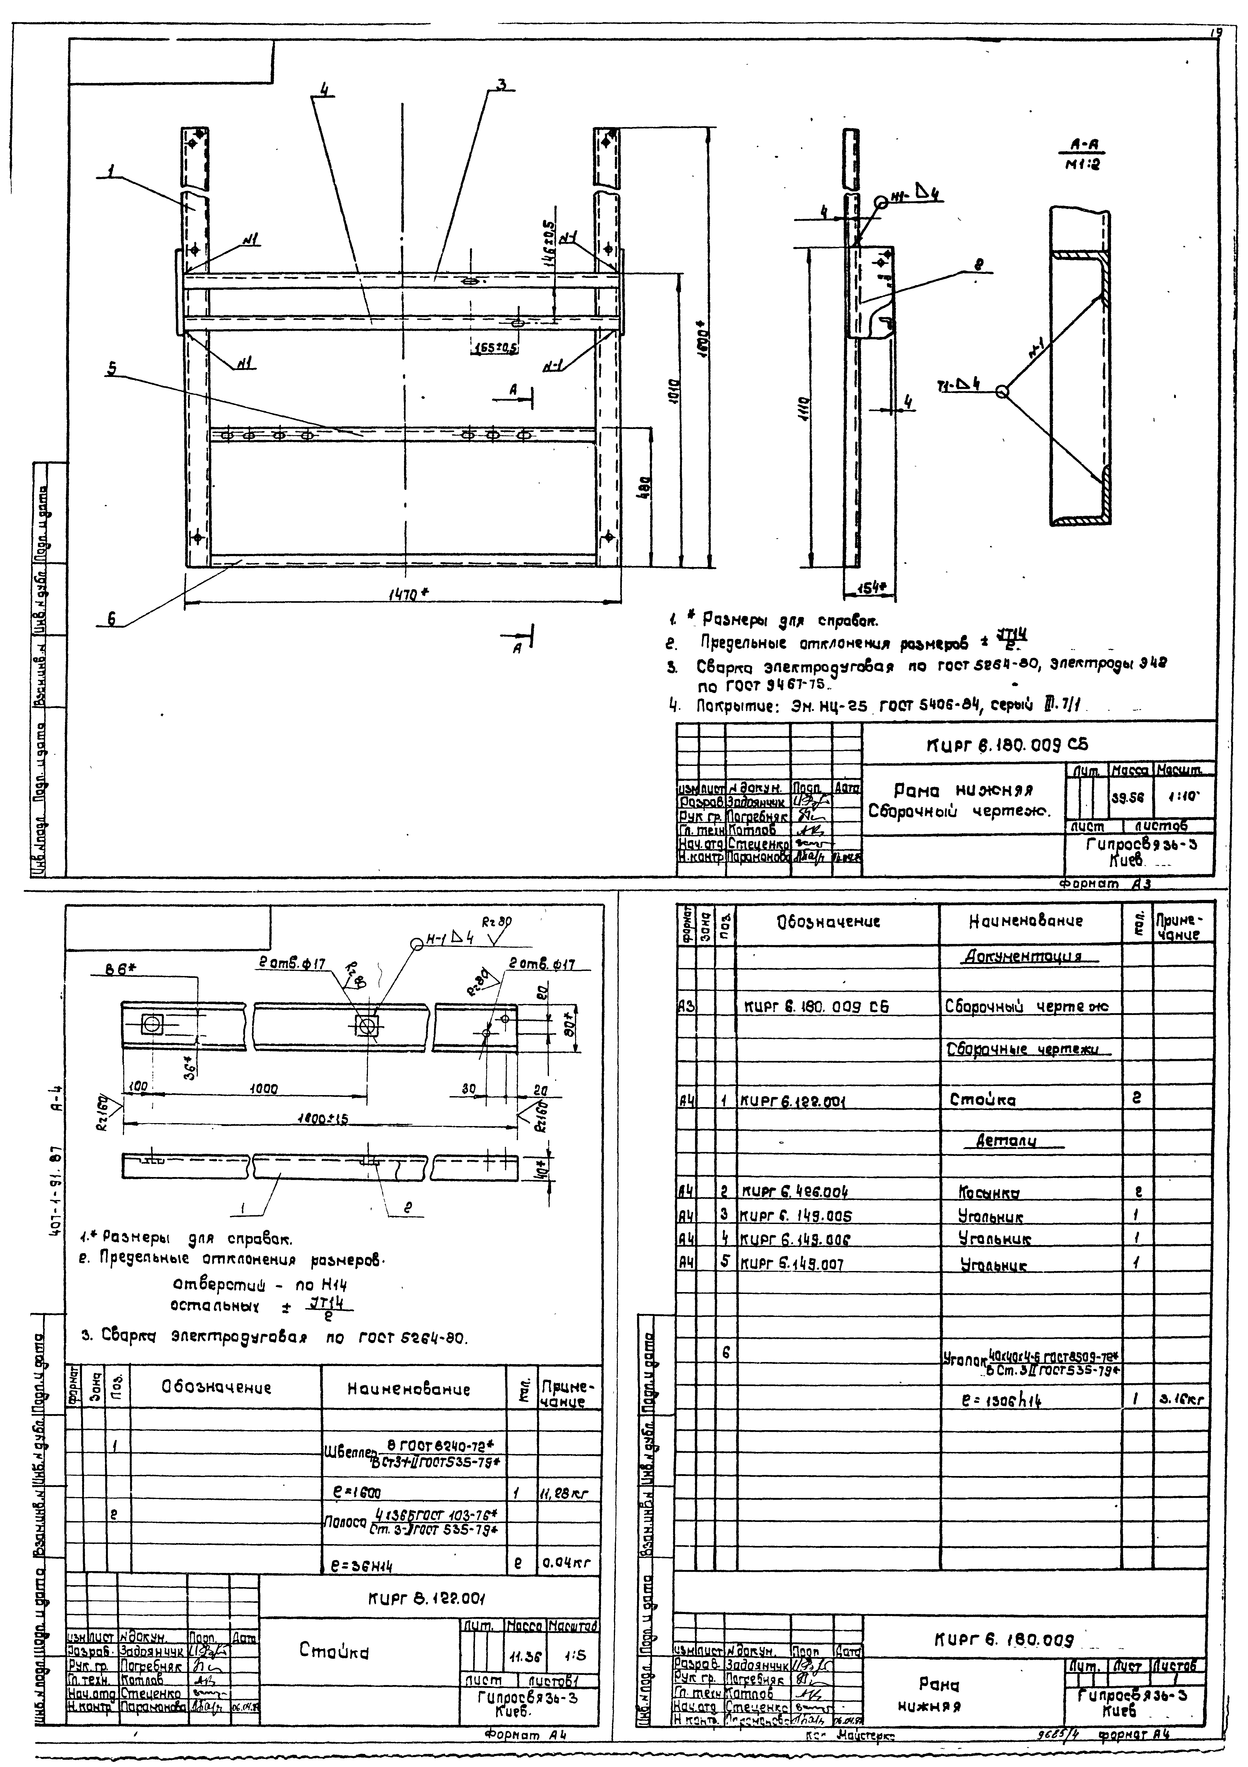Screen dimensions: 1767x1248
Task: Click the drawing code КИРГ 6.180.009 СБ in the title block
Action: click(1008, 745)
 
